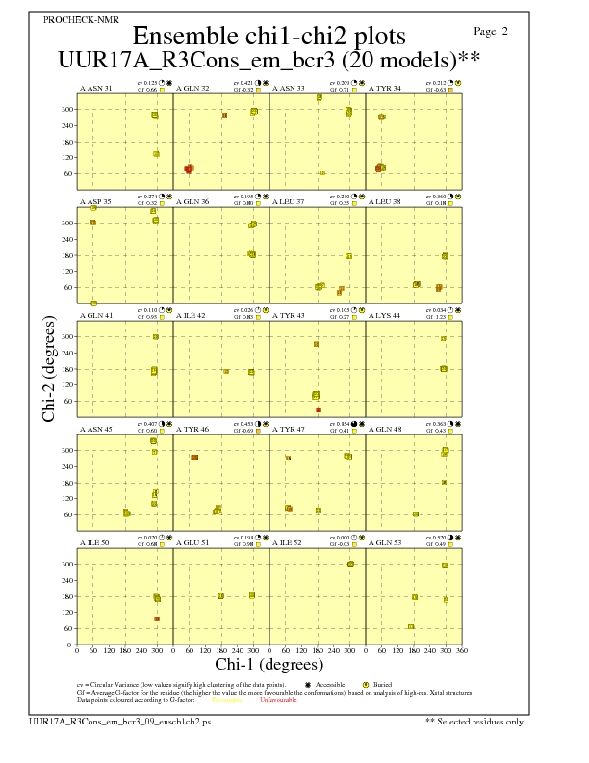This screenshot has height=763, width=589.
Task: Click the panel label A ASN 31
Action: pos(95,89)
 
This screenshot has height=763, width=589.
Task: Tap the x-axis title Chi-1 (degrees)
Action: pos(269,664)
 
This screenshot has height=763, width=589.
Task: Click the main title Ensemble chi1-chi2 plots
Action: pos(269,37)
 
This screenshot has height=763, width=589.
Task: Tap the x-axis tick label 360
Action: pos(461,650)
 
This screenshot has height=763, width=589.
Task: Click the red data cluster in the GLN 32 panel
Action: pos(189,169)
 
